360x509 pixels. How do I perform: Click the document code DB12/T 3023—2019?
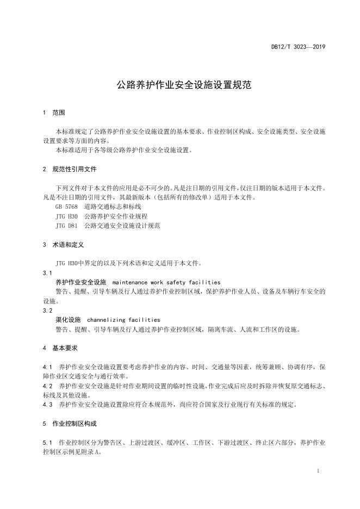tap(298, 48)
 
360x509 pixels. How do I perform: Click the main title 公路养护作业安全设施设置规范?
tap(179, 85)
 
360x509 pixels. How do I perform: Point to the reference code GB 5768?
tap(66, 207)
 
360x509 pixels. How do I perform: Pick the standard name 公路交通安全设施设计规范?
tap(122, 225)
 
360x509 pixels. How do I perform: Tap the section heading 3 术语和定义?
tap(63, 245)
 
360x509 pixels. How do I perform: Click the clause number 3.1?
tap(47, 273)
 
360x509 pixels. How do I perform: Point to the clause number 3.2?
tap(47, 311)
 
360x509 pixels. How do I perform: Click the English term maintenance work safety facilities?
tap(166, 282)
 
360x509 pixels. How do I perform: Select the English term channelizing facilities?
tap(123, 320)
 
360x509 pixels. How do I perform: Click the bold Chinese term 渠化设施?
tap(68, 320)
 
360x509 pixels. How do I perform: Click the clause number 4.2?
tap(47, 386)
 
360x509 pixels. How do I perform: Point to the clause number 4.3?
tap(47, 405)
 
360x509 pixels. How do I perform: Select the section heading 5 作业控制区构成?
tap(69, 423)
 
